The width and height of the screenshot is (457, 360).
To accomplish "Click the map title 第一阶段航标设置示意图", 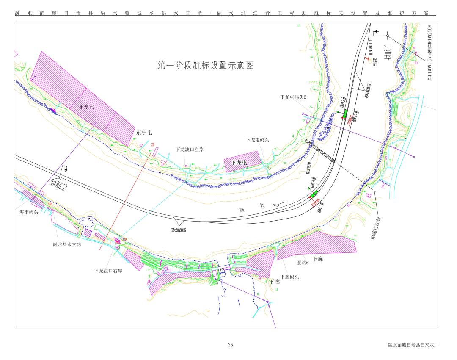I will click(x=206, y=66).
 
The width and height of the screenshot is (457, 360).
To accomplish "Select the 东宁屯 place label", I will click(x=144, y=133).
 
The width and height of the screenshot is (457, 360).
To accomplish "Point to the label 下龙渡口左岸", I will click(x=190, y=150).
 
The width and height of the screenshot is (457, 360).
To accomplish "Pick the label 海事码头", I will click(x=29, y=212).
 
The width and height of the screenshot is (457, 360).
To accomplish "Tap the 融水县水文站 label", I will click(x=64, y=244).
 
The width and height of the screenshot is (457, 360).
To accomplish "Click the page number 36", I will click(x=230, y=345).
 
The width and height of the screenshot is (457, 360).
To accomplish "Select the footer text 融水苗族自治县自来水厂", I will click(x=412, y=345).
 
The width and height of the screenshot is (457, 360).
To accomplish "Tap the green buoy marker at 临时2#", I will click(x=344, y=114).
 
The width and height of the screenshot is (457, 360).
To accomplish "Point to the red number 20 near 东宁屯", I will click(x=153, y=144).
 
